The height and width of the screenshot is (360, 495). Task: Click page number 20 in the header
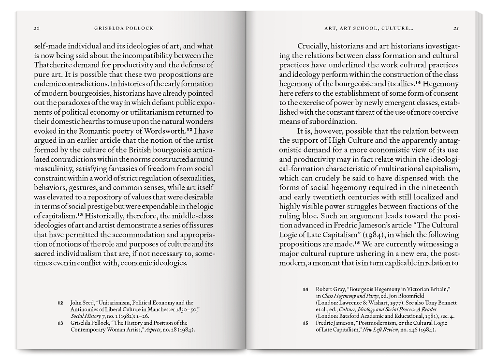[36, 28]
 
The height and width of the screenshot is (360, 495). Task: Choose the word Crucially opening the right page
[313, 46]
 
